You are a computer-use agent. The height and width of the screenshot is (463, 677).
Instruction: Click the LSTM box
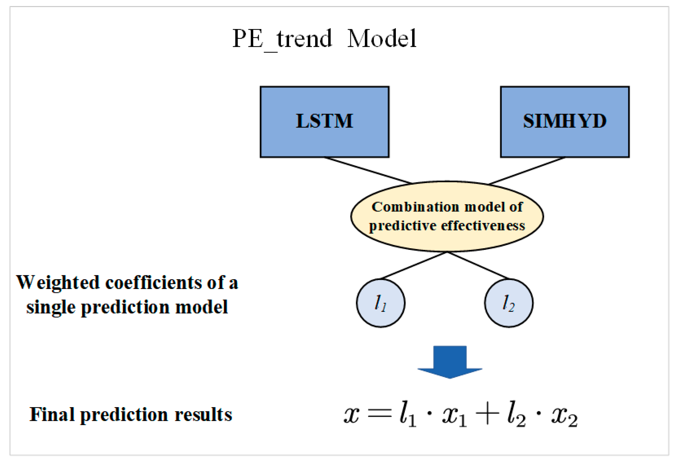coord(324,122)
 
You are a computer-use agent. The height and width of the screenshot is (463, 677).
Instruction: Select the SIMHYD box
coord(565,122)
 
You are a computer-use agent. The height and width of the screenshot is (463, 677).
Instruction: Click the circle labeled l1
coord(381,303)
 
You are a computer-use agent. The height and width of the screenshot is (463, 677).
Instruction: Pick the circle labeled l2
coord(509,303)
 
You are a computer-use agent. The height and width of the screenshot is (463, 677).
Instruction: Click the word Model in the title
coord(382,38)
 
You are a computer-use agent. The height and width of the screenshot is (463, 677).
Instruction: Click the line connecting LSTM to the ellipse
coord(368,170)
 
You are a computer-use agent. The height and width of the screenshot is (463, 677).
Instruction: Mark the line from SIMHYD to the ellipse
coord(527,171)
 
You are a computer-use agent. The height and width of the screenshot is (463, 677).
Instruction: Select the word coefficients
coord(153,283)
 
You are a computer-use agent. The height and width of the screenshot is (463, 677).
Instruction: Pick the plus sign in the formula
coord(487,413)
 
